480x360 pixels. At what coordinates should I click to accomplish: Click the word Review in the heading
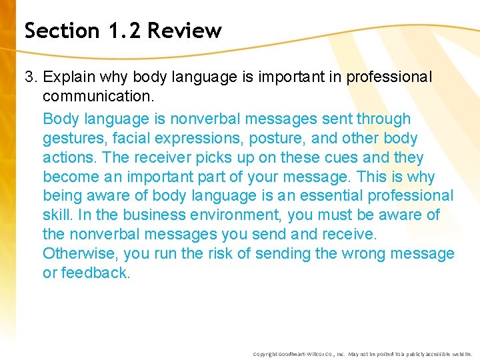coord(185,31)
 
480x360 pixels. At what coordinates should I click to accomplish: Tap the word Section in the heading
coord(61,31)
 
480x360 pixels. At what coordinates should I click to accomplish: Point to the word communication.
coord(97,97)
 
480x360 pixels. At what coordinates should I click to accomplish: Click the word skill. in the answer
coord(58,215)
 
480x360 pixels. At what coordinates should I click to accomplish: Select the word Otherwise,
coord(77,254)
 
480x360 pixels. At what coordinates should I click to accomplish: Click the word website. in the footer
coord(460,354)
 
